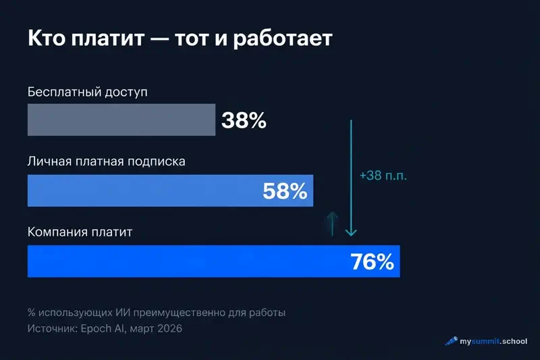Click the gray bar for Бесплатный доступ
122,120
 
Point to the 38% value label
244,121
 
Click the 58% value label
285,191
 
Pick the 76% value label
372,261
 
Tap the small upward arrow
331,222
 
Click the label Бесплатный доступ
87,91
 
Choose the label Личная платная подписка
106,162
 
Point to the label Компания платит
80,232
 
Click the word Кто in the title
47,38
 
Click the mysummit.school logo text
493,342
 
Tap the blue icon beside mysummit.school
451,342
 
